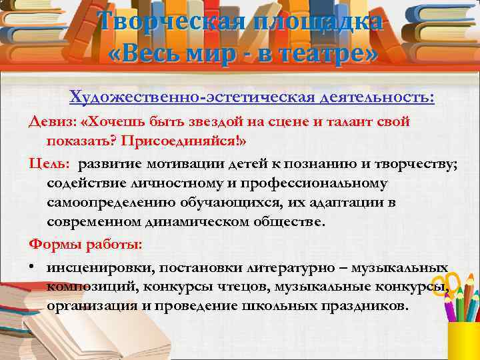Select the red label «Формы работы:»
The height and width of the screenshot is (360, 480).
tap(85, 245)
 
